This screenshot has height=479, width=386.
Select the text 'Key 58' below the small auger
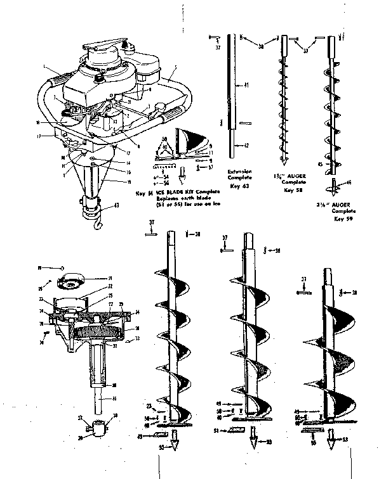[x=289, y=189]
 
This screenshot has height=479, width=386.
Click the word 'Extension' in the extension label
[x=235, y=171]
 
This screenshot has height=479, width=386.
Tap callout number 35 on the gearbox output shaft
[x=115, y=399]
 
